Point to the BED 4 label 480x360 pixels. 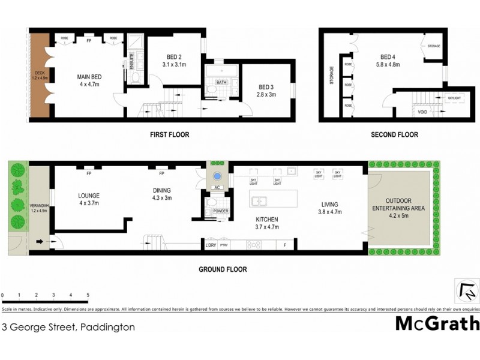pyautogui.click(x=387, y=56)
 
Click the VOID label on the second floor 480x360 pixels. pyautogui.click(x=422, y=112)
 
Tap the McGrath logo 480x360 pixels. pyautogui.click(x=437, y=323)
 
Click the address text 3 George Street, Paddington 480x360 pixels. pyautogui.click(x=68, y=328)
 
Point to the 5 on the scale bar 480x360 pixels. pyautogui.click(x=88, y=296)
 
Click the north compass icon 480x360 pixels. pyautogui.click(x=467, y=292)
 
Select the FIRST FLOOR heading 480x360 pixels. pyautogui.click(x=169, y=135)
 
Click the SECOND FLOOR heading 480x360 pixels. pyautogui.click(x=394, y=135)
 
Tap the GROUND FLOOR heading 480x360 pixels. pyautogui.click(x=223, y=269)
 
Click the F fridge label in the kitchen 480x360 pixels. pyautogui.click(x=285, y=245)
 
